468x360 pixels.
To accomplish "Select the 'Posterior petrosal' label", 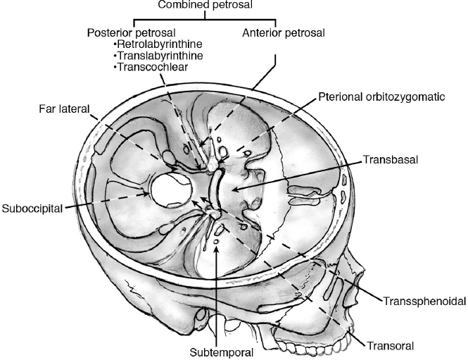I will (131, 33).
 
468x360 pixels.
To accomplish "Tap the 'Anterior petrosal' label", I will (275, 33).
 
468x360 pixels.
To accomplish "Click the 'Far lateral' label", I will (61, 109).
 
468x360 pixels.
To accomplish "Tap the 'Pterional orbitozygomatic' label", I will (381, 97).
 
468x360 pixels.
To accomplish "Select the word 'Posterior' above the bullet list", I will (110, 33).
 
